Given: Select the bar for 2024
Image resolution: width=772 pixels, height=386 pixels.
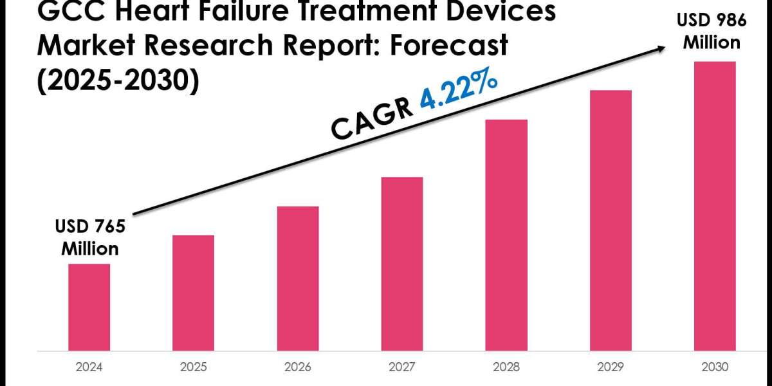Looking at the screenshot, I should (x=89, y=307).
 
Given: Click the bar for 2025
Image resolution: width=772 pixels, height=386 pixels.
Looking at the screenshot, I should (x=194, y=293).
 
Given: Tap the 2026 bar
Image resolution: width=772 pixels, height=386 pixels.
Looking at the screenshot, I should (x=298, y=278).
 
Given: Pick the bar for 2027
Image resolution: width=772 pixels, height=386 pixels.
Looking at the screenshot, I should (x=402, y=264).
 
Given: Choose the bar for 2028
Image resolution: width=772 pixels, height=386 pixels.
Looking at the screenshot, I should (x=506, y=235).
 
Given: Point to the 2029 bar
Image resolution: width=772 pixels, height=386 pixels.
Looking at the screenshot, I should (x=611, y=220).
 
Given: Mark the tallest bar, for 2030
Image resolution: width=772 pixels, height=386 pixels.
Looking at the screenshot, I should (x=715, y=206).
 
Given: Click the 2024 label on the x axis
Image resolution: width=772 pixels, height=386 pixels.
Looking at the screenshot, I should (x=89, y=368).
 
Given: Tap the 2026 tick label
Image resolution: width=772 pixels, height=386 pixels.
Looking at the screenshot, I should (x=298, y=368).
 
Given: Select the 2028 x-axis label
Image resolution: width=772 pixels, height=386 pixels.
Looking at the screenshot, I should (x=506, y=368).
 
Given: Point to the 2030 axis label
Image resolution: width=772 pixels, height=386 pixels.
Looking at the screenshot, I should (x=715, y=368).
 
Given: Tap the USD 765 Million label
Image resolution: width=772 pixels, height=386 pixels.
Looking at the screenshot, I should (x=89, y=237).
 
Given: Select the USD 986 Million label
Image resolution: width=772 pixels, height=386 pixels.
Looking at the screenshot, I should (x=712, y=32).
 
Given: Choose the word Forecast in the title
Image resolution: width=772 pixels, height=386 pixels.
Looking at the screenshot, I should (x=444, y=46).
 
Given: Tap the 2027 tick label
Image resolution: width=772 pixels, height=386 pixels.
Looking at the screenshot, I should (x=402, y=368).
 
